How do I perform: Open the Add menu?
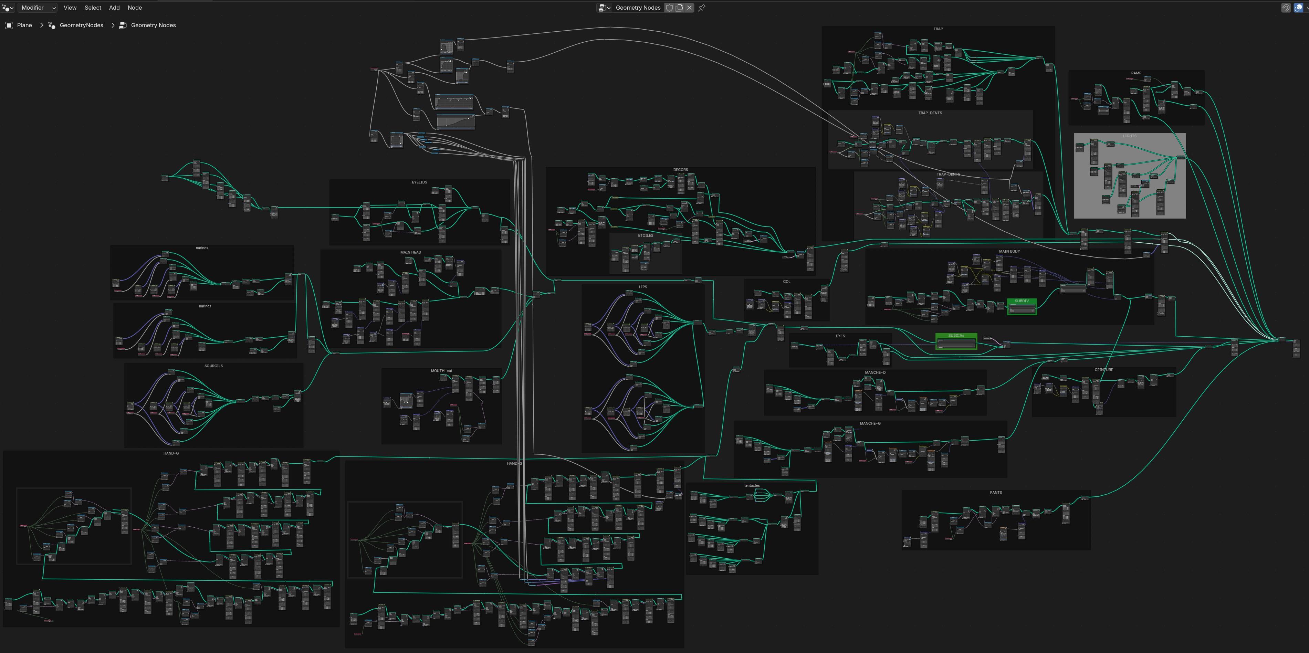pos(114,8)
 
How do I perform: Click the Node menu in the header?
pos(135,8)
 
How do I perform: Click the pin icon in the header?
pos(702,8)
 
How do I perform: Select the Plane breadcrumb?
pos(24,25)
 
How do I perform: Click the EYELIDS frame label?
pos(419,182)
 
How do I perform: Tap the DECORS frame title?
pos(680,170)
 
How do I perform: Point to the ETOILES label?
pos(645,236)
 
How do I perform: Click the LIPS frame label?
pos(643,287)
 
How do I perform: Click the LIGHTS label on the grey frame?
pos(1130,136)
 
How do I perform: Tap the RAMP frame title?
pos(1136,73)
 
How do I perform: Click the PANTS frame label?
pos(995,493)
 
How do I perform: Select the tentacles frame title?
pos(752,486)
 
